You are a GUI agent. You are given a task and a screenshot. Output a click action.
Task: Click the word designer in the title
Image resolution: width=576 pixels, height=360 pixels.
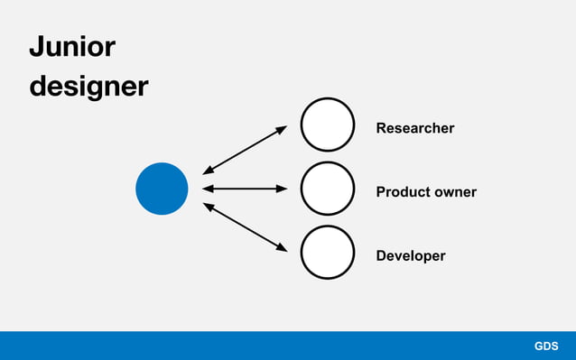pos(88,87)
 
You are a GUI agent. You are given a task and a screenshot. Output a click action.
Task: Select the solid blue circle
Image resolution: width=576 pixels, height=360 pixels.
pos(162,189)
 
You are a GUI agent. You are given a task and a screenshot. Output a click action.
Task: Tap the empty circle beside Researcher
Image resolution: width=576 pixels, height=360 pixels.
pos(327,125)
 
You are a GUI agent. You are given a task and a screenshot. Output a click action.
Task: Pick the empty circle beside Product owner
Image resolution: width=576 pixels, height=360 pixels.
pos(327,189)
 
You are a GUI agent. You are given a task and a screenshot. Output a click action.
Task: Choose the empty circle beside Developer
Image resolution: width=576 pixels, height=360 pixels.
pos(327,253)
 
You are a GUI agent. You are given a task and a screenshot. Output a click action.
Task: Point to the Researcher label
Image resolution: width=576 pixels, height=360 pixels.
pos(414,128)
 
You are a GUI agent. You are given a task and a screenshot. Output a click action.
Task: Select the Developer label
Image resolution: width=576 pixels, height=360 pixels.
pos(410,256)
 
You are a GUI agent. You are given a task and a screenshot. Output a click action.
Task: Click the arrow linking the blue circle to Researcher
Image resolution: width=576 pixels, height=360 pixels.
pos(245,149)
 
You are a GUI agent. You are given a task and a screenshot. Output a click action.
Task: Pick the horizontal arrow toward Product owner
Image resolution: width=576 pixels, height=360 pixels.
pos(245,189)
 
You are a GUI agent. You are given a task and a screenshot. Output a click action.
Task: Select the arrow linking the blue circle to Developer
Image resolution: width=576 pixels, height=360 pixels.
pos(245,227)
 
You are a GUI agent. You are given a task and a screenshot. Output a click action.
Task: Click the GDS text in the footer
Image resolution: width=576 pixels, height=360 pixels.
pos(546,346)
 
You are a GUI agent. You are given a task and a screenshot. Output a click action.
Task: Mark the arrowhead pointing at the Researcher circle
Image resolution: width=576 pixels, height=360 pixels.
pos(281,129)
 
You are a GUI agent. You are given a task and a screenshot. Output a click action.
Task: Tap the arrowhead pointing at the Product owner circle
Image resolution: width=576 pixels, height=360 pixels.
pos(282,189)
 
